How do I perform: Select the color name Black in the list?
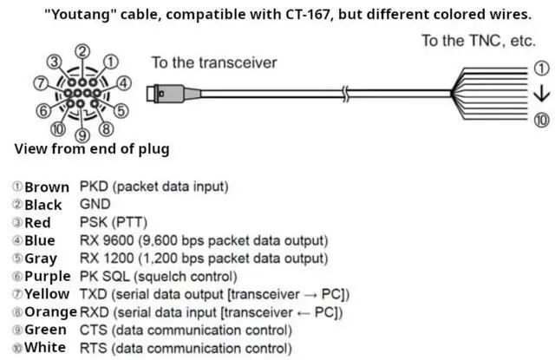[x=43, y=205]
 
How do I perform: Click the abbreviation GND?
[x=95, y=205]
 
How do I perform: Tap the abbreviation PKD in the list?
[x=94, y=187]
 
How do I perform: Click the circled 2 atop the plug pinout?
[x=82, y=52]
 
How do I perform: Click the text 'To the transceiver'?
[x=214, y=62]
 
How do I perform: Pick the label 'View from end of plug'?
[x=91, y=149]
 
